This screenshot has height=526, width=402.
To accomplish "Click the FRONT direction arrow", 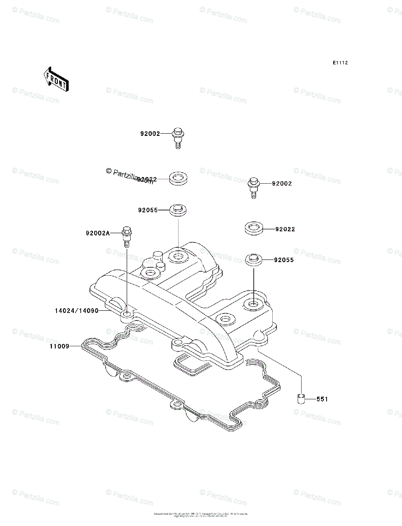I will [x=55, y=79].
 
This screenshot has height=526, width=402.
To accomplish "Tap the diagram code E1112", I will [x=340, y=63].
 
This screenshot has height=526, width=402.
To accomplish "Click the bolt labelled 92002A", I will [x=127, y=237].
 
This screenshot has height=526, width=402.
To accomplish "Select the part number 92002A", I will [x=97, y=233].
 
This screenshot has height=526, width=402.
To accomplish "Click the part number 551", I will [x=322, y=399].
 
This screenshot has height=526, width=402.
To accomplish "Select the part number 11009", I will [x=59, y=346].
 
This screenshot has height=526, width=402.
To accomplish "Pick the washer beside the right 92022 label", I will [x=253, y=228].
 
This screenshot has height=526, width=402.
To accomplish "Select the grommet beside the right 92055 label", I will [x=254, y=259].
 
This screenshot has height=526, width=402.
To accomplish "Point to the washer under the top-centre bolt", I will [x=178, y=179].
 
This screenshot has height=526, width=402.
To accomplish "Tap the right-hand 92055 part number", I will [x=284, y=260].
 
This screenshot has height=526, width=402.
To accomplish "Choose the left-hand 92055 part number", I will [x=147, y=210].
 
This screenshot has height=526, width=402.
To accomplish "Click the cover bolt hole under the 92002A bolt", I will [x=127, y=315].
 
